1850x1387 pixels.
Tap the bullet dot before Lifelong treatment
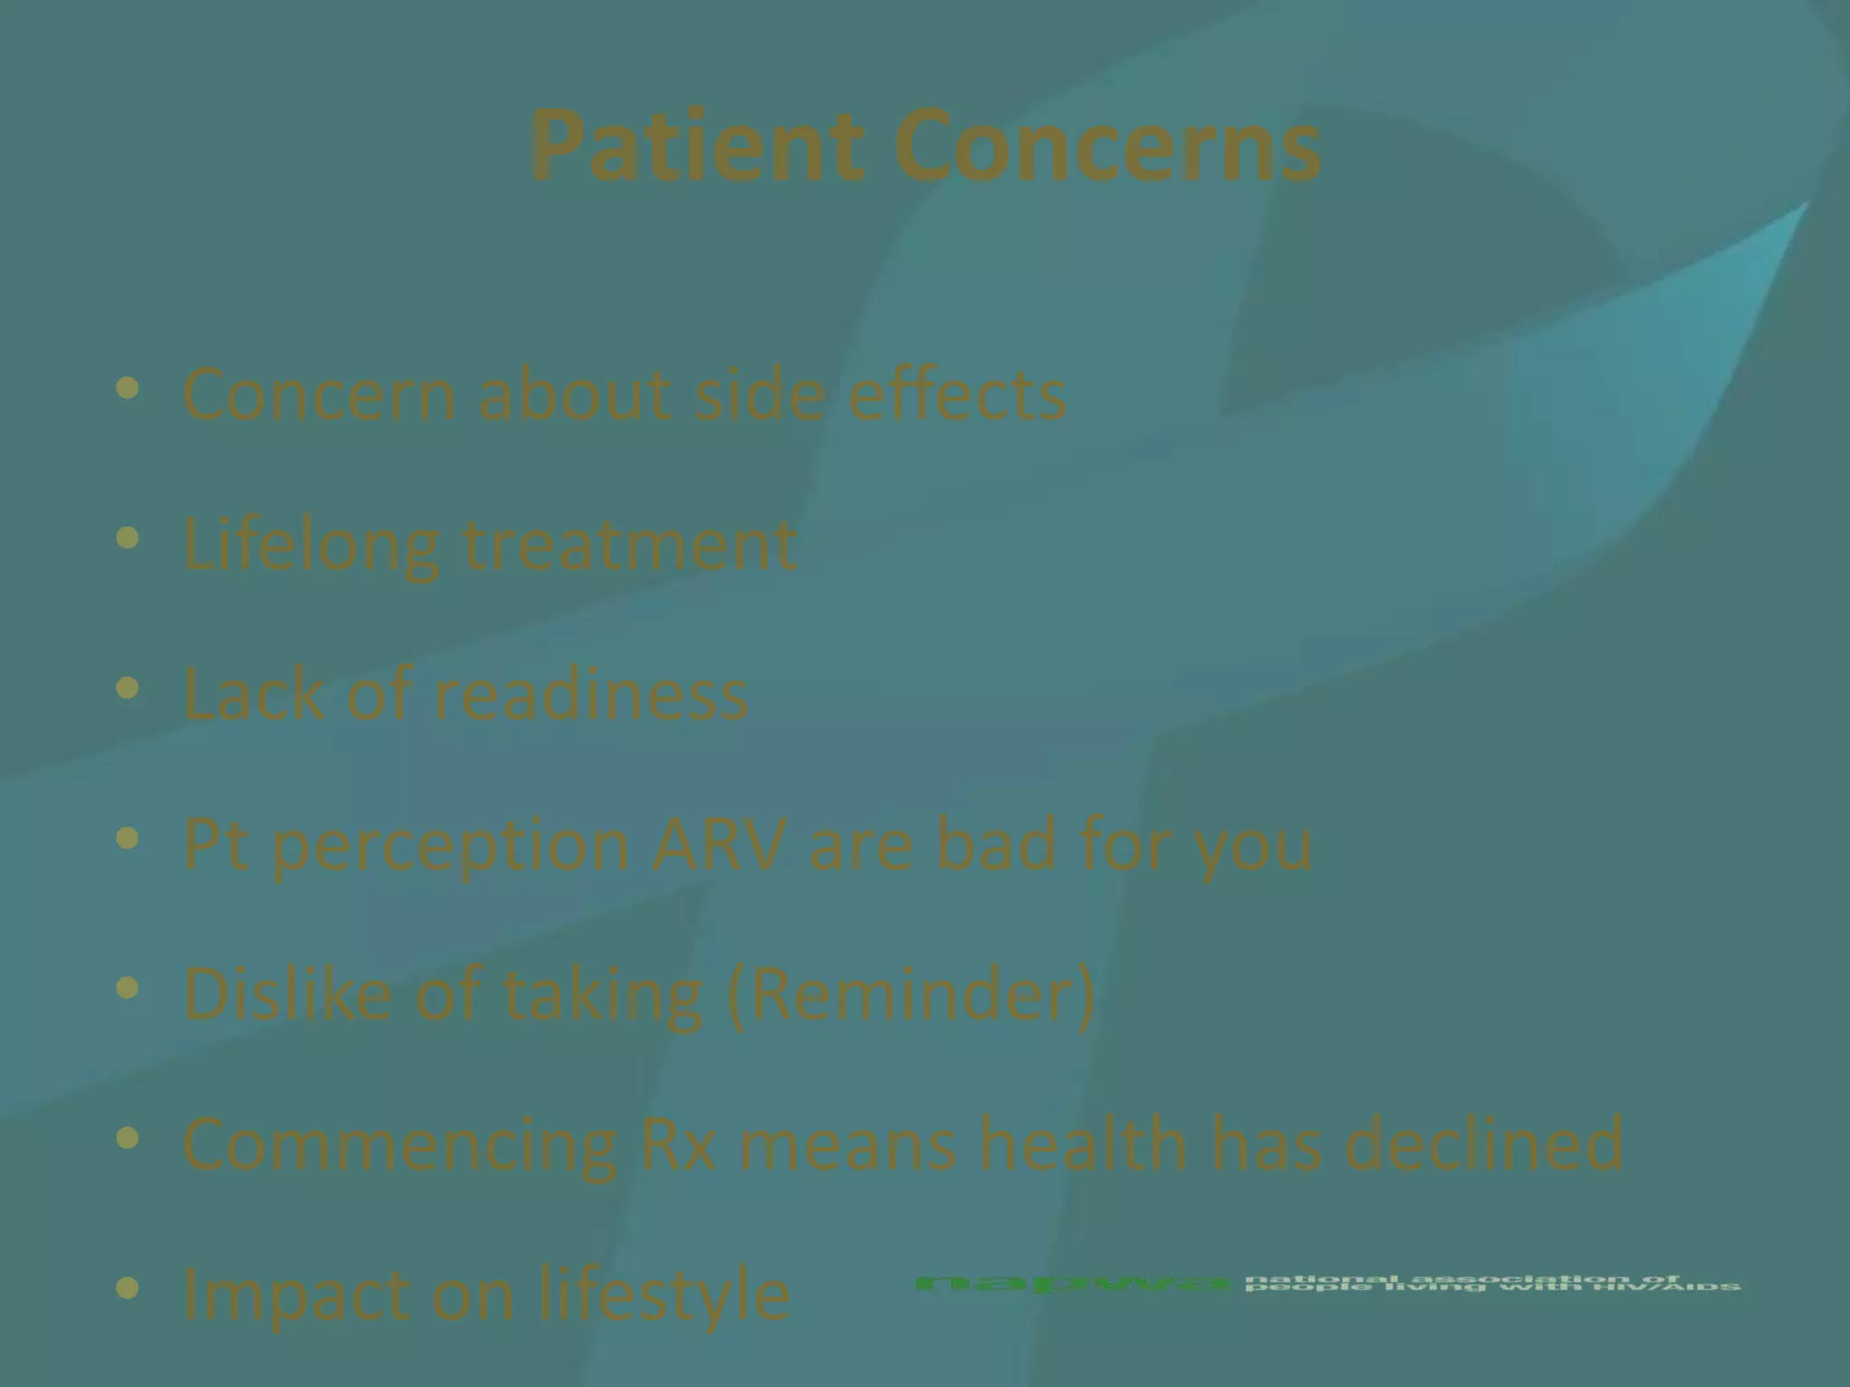128,539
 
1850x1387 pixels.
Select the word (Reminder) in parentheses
911,993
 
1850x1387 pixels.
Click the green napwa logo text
1072,1283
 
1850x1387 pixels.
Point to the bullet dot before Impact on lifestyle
128,1288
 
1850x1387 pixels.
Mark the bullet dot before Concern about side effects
128,389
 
